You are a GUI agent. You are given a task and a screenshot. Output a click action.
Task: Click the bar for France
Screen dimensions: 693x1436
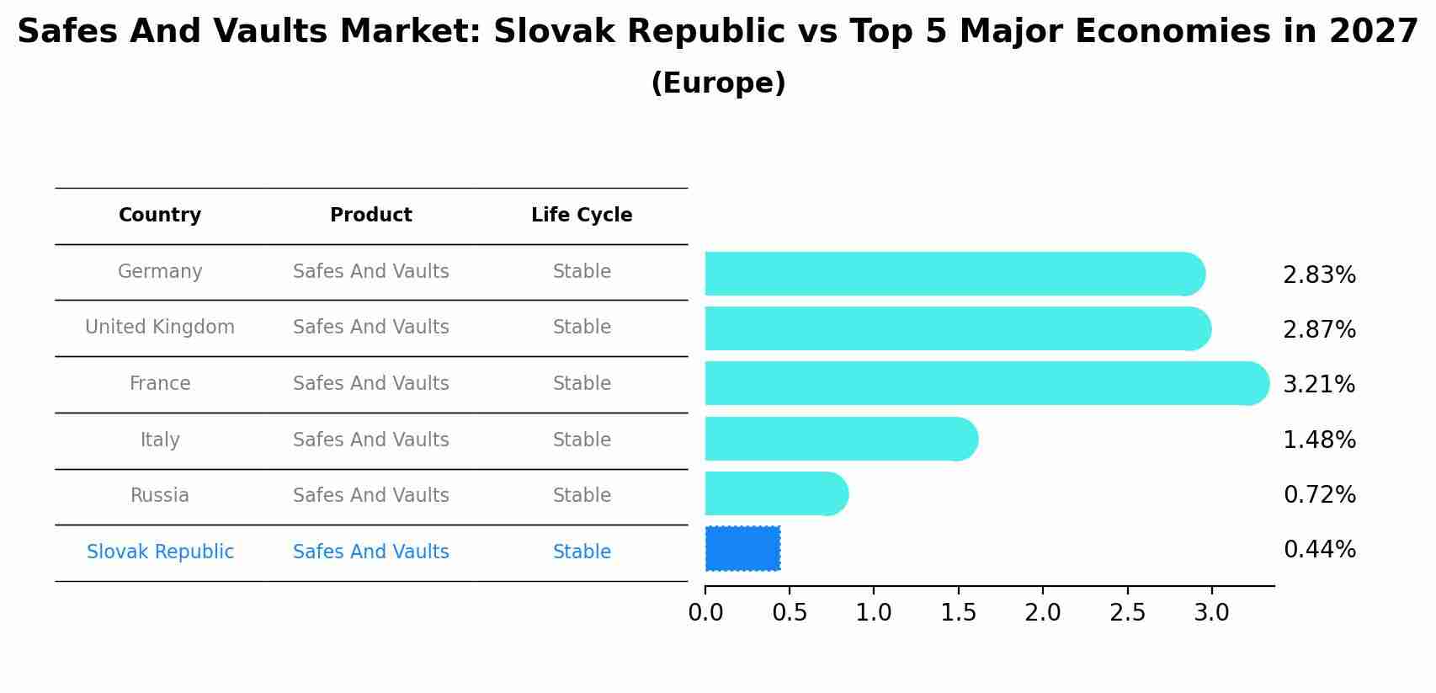(x=985, y=383)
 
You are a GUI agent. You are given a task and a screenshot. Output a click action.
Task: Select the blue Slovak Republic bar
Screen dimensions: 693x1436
(x=742, y=548)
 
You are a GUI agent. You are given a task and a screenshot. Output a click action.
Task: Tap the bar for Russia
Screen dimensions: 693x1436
(x=774, y=493)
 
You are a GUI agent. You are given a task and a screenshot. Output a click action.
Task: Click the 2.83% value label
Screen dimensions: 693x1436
(x=1318, y=275)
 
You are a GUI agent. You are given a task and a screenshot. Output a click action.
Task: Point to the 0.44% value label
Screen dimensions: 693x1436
(x=1318, y=550)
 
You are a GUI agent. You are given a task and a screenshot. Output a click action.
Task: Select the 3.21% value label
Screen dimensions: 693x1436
(x=1318, y=385)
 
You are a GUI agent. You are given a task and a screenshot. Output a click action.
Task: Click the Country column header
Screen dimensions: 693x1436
(x=160, y=216)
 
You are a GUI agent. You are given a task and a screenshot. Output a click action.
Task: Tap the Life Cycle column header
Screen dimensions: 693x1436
(x=582, y=216)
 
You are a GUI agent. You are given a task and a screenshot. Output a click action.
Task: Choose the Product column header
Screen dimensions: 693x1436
(x=371, y=216)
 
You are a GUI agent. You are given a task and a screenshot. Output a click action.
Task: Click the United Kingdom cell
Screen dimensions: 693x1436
(x=160, y=328)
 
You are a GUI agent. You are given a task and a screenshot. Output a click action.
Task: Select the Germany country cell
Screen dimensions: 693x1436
(x=160, y=272)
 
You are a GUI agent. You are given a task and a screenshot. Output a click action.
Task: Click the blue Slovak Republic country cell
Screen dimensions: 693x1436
(x=160, y=552)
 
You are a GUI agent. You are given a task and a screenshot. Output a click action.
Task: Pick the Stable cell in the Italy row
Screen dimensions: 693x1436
(x=582, y=440)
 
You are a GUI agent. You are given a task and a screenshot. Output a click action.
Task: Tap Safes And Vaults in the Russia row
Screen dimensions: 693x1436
(x=371, y=496)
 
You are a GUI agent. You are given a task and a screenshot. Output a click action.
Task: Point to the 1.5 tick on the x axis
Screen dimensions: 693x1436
(x=958, y=612)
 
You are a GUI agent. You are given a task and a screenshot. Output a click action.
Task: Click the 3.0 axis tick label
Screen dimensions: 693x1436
(x=1211, y=612)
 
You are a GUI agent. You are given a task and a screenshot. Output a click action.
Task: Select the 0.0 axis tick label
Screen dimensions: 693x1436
(x=705, y=612)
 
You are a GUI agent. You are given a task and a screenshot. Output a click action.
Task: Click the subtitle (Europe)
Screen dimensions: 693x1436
(x=718, y=83)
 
